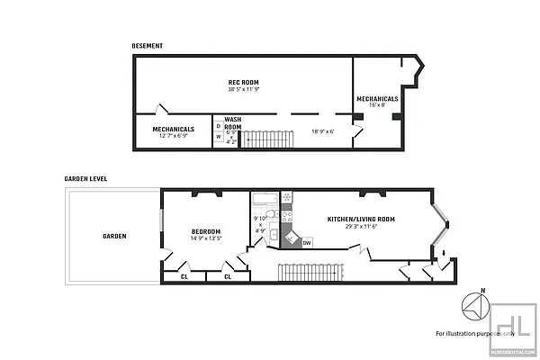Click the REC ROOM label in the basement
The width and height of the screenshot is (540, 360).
[x=244, y=82]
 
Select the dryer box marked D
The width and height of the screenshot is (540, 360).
[x=218, y=127]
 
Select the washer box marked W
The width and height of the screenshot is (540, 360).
[x=218, y=137]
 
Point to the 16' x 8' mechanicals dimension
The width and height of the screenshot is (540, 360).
[x=377, y=104]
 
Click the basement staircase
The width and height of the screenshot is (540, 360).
[x=264, y=139]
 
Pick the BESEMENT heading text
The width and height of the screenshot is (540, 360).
[x=148, y=45]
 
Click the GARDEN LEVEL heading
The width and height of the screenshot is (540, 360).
[x=85, y=178]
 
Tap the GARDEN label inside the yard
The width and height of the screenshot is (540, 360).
[x=113, y=236]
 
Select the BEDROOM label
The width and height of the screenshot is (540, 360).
[x=206, y=231]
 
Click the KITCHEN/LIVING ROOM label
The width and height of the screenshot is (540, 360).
[x=353, y=219]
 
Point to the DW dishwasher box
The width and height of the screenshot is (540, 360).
[x=307, y=242]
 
